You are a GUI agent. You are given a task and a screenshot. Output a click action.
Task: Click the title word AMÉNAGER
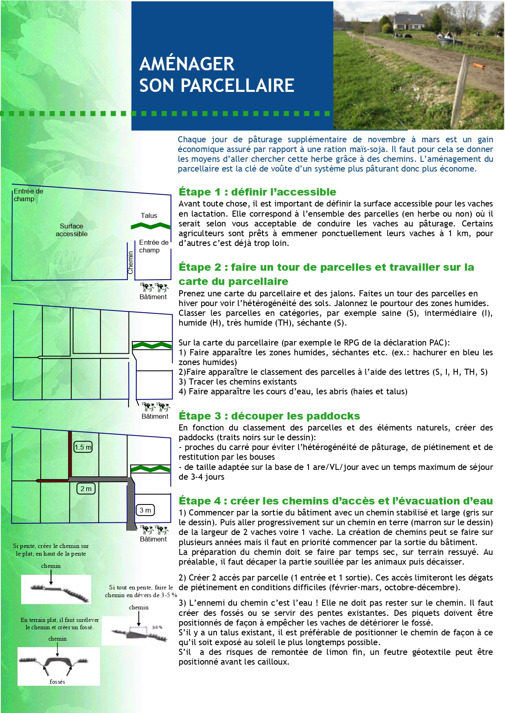click(187, 64)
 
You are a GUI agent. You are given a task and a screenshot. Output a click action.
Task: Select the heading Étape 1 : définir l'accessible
click(257, 192)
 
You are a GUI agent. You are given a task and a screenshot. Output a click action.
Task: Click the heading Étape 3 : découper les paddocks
click(269, 416)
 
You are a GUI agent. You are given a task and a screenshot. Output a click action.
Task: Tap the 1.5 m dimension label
click(83, 447)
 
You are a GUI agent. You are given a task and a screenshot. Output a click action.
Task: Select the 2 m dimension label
click(86, 489)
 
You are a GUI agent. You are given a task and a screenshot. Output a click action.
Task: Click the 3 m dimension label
click(145, 510)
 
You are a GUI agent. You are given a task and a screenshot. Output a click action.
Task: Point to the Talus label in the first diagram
click(149, 215)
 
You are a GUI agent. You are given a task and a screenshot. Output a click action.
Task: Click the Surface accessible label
click(72, 230)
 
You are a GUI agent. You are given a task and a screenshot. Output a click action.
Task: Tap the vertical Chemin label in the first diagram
click(131, 262)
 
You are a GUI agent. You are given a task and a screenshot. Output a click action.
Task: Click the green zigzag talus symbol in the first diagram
click(151, 226)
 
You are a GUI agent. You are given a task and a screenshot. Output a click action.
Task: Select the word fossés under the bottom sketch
click(57, 682)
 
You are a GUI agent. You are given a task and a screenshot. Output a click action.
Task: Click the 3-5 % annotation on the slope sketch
click(157, 628)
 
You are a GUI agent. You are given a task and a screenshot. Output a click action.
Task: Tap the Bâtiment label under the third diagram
click(153, 539)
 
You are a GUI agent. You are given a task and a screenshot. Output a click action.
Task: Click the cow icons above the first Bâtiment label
click(154, 287)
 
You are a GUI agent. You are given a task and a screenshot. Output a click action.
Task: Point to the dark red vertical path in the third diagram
click(70, 454)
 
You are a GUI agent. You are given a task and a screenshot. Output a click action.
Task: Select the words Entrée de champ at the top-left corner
click(28, 195)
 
